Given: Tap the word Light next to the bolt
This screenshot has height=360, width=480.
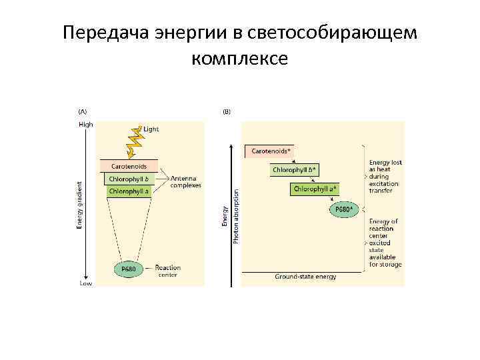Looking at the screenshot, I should [x=151, y=129].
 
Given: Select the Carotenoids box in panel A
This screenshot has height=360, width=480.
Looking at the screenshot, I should [x=129, y=166].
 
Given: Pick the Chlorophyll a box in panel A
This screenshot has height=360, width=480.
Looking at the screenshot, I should [x=129, y=191].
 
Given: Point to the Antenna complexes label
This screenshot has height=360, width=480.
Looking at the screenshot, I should [x=185, y=182].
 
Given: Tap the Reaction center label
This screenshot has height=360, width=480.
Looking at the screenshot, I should [x=168, y=271].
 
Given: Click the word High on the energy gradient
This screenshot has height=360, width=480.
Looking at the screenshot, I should [x=86, y=124].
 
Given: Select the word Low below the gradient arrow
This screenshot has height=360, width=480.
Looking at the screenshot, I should [x=86, y=283].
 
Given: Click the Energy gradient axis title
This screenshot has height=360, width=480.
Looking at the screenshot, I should [x=80, y=205].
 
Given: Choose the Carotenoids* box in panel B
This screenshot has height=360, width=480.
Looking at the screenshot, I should [x=270, y=151].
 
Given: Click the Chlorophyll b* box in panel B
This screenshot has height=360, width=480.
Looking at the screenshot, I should [x=295, y=170].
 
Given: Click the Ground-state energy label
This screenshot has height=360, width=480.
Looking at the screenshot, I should [x=305, y=276].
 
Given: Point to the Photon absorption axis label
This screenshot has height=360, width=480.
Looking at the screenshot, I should [x=236, y=215].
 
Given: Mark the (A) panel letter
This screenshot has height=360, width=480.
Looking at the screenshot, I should [x=83, y=111].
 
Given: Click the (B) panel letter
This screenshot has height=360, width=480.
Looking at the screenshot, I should [x=227, y=111].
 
